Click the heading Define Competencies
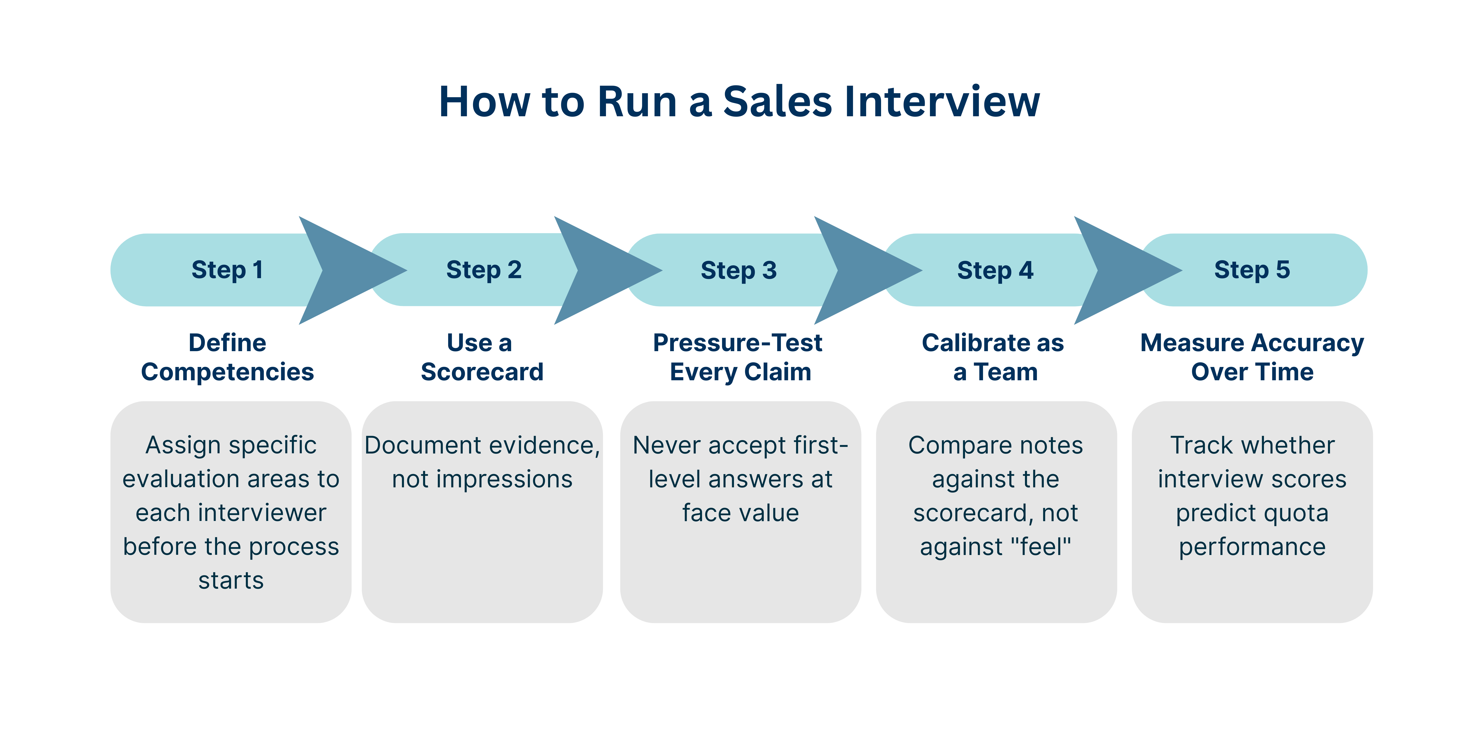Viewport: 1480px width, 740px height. [228, 357]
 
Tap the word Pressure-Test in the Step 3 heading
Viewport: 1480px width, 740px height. [738, 343]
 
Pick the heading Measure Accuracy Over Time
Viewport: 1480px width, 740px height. [1252, 357]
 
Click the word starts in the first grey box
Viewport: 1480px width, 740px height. [231, 580]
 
